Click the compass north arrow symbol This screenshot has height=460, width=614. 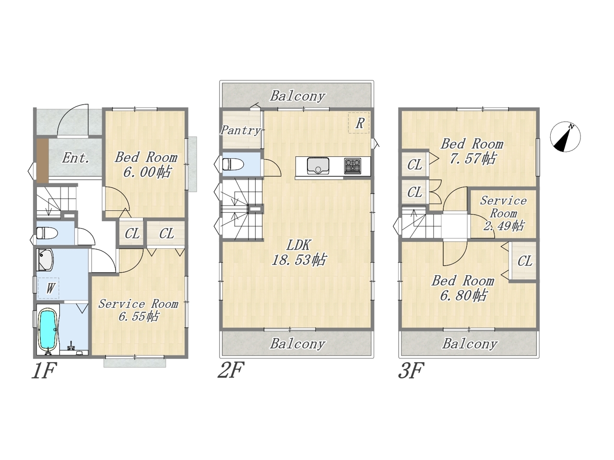[565, 137]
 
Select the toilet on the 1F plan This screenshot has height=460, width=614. [47, 233]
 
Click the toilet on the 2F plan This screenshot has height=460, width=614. [233, 164]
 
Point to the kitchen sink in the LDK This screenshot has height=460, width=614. [318, 166]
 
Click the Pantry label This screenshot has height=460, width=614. [241, 130]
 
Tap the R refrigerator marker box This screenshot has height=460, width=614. [359, 123]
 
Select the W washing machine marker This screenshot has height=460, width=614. [48, 288]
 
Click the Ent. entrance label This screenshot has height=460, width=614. [75, 158]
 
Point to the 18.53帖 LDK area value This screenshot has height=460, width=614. [299, 260]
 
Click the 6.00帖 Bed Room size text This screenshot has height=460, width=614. [146, 172]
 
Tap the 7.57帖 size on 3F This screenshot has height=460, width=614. [472, 158]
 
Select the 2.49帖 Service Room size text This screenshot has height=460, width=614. [504, 226]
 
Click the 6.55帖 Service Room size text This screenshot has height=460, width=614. [139, 316]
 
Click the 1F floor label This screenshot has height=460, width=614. [44, 370]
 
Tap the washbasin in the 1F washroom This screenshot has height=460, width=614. [45, 259]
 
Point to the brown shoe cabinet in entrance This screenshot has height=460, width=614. [43, 161]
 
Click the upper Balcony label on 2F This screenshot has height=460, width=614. [297, 96]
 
